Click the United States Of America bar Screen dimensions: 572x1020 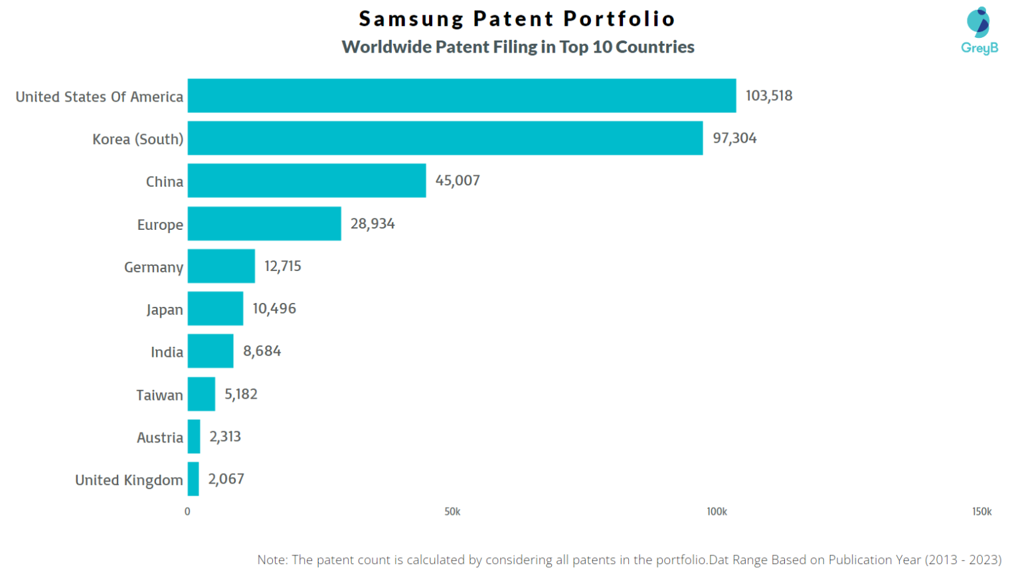point(462,96)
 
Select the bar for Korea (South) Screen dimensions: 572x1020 point(445,138)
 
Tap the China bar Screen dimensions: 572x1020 point(306,181)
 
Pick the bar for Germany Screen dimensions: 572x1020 point(221,266)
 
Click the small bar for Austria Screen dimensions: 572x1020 point(193,436)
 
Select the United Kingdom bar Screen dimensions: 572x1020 point(193,479)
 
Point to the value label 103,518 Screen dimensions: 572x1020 point(768,96)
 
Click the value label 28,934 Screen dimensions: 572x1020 point(372,224)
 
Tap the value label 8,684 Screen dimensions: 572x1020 point(262,351)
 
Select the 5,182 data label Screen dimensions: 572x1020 point(240,394)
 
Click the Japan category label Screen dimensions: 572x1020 point(164,310)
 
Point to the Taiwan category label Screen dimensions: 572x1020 point(159,395)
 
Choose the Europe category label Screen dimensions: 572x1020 point(160,225)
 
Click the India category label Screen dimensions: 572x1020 point(167,352)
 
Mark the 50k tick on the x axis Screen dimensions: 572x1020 point(452,512)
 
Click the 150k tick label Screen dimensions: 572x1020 point(981,512)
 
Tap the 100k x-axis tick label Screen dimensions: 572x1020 point(717,512)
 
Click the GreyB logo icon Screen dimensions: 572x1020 point(978,23)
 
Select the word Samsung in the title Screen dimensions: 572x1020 point(410,19)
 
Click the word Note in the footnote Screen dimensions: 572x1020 point(272,559)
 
